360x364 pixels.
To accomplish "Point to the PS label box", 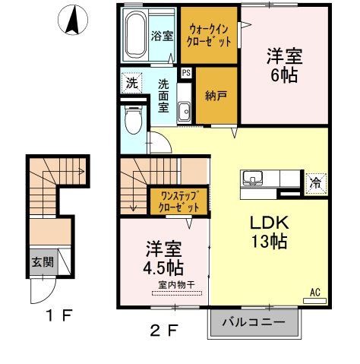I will point(186,73).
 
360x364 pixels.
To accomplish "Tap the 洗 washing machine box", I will point(131,83).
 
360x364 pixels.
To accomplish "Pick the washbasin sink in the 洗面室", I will point(185,112).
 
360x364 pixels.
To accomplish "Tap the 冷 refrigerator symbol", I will point(314,182).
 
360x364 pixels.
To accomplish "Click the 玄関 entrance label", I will point(42,262).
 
